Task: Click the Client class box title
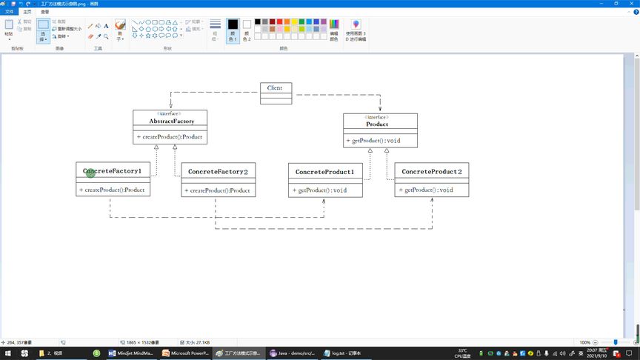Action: click(275, 88)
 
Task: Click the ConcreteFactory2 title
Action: click(218, 172)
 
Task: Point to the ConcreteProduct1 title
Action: click(325, 172)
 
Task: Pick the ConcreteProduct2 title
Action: click(431, 172)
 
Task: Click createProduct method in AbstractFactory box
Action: click(169, 137)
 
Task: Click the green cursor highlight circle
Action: click(90, 172)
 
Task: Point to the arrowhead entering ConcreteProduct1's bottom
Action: click(324, 200)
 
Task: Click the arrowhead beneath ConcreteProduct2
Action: click(431, 200)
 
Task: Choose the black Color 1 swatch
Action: click(233, 25)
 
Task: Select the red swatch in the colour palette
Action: click(279, 21)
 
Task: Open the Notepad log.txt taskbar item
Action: click(346, 353)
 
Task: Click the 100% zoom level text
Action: click(584, 342)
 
